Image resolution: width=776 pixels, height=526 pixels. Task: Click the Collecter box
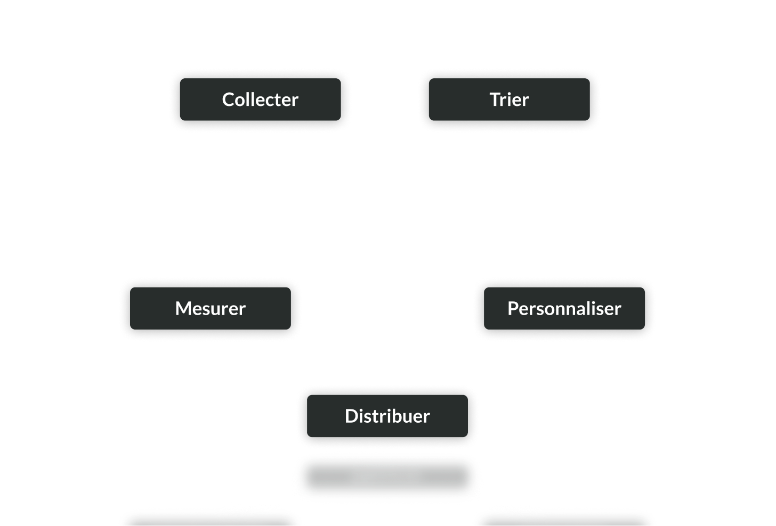(260, 100)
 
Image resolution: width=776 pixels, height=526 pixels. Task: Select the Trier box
(509, 100)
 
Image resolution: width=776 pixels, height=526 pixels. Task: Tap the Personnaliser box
(564, 308)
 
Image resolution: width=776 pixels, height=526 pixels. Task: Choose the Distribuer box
(387, 416)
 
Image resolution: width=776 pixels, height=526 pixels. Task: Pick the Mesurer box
(211, 308)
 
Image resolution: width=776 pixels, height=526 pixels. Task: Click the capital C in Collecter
(228, 100)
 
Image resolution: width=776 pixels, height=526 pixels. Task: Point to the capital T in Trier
(495, 100)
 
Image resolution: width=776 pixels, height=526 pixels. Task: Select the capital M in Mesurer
(183, 308)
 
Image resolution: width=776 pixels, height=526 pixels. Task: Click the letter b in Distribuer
(397, 416)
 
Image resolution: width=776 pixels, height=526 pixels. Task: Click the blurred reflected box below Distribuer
(387, 476)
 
